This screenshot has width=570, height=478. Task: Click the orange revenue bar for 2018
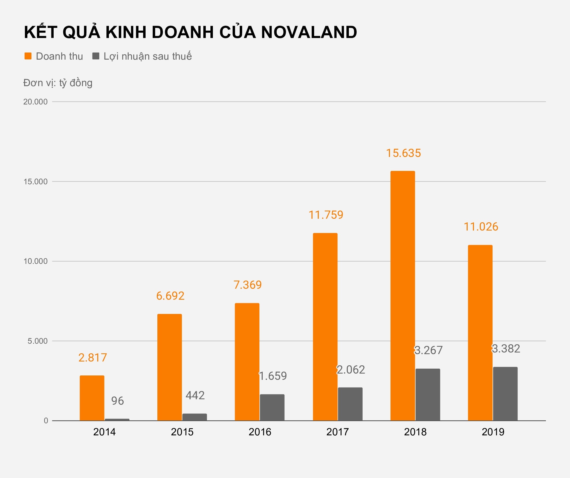[403, 295]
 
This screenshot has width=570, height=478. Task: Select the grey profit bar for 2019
[505, 394]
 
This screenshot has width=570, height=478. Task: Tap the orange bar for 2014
[92, 398]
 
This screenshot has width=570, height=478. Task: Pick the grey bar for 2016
[272, 407]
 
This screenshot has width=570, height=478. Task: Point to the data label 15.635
[403, 153]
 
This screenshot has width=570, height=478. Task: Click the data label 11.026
[481, 227]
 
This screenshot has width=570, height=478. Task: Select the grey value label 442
[195, 395]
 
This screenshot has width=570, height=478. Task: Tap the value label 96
[117, 401]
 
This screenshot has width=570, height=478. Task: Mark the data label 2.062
[351, 370]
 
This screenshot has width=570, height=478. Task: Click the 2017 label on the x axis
[337, 432]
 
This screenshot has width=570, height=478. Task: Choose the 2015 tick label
[182, 432]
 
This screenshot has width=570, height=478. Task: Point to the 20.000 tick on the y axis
[35, 102]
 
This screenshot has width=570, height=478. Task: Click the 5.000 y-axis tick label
[37, 341]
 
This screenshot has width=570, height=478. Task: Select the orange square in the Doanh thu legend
[28, 56]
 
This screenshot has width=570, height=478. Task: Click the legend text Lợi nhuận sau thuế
[147, 56]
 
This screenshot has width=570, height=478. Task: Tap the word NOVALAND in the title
[309, 32]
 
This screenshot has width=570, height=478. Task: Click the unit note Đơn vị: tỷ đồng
[58, 83]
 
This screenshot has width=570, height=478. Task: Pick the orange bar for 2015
[169, 367]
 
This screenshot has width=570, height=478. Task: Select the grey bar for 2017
[350, 404]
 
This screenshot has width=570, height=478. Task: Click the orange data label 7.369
[247, 285]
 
